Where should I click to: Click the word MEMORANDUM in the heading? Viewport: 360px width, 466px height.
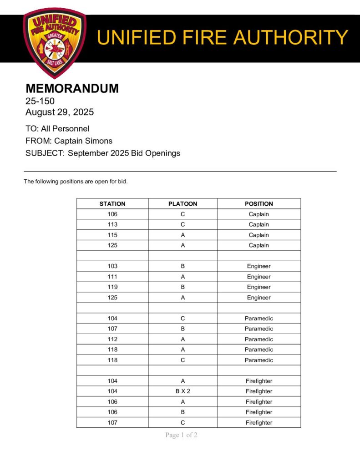72,88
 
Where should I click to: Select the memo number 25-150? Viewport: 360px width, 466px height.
40,101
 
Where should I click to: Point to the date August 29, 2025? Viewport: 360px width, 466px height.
60,112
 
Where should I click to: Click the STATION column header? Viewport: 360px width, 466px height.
112,204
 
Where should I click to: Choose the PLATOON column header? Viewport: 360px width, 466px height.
183,204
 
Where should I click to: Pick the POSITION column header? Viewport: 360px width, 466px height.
259,204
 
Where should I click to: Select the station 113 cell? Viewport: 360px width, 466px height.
112,224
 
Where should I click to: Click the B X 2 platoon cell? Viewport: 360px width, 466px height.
183,391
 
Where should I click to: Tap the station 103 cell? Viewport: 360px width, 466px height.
112,266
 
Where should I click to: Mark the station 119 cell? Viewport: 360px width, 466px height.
112,287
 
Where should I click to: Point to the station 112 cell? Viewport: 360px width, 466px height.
112,339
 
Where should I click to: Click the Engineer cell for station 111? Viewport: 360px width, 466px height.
259,277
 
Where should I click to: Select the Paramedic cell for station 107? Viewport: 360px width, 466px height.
259,329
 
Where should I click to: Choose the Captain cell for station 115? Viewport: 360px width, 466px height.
259,235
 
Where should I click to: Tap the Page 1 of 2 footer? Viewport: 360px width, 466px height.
181,435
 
